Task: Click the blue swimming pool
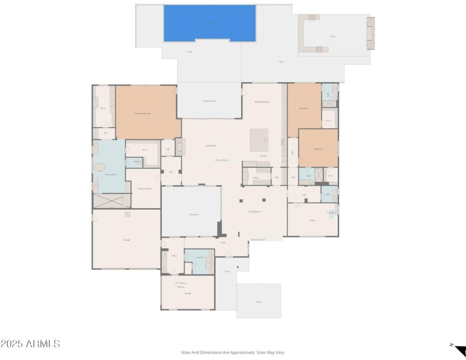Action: tap(210, 23)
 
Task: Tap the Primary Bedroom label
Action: tap(143, 113)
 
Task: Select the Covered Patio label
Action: tap(209, 101)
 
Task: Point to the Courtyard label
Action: tap(194, 214)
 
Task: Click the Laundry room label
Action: tap(200, 257)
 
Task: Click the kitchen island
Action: tap(259, 140)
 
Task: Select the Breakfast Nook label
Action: tap(262, 102)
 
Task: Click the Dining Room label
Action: tap(255, 211)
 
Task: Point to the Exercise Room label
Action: tap(145, 189)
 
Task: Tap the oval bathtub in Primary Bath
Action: tap(99, 167)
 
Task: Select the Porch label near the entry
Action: tap(228, 271)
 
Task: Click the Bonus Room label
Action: tap(258, 239)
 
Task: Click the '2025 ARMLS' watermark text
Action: tap(30, 344)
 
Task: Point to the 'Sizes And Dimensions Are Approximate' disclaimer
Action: tap(233, 352)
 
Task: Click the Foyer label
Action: tap(223, 242)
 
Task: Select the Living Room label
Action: tap(211, 146)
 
